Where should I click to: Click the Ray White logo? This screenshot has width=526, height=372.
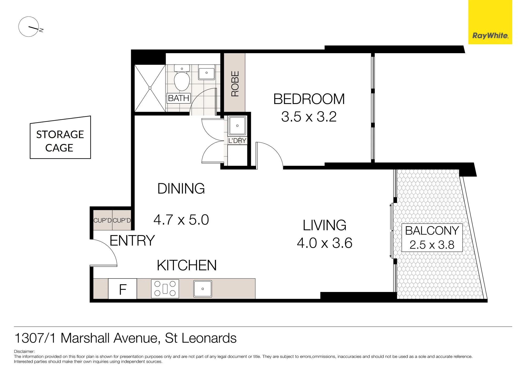[490, 22]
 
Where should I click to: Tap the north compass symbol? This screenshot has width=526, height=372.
[29, 27]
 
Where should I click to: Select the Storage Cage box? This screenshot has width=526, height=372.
[60, 137]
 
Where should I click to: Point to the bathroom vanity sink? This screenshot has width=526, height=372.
[206, 72]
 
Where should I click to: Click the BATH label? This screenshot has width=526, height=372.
[179, 98]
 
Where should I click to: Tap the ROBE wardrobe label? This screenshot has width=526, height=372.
[235, 84]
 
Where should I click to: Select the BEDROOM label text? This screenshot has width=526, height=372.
[309, 99]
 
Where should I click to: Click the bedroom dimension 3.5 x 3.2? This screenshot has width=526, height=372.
[309, 117]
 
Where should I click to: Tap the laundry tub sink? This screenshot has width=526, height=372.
[237, 126]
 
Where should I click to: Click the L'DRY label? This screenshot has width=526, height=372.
[237, 141]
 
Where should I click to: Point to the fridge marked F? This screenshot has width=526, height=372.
[123, 289]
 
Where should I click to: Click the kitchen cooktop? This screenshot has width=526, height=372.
[165, 289]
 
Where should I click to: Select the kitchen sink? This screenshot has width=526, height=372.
[203, 289]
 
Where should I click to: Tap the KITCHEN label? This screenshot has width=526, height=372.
[187, 265]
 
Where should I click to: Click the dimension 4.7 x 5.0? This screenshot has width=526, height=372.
[181, 220]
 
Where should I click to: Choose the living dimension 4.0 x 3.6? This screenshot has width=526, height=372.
[325, 243]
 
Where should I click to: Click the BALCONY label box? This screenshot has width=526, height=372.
[432, 237]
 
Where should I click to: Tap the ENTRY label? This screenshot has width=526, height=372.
[132, 240]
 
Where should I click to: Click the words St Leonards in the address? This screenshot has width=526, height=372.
[201, 338]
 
